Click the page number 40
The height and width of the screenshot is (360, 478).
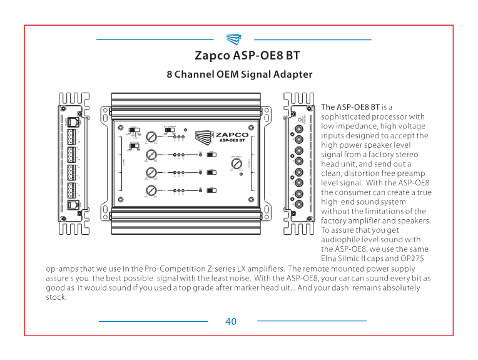click(x=231, y=321)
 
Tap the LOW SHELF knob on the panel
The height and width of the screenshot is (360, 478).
click(x=236, y=163)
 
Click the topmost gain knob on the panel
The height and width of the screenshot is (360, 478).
click(x=151, y=136)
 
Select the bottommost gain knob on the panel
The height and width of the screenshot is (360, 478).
click(x=151, y=191)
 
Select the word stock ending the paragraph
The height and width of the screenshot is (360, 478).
click(x=56, y=297)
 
